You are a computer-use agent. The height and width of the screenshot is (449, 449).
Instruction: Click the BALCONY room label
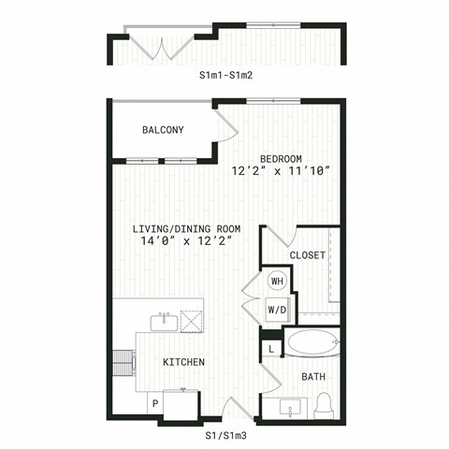[163, 130]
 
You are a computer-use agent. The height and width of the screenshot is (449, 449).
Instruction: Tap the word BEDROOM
[281, 159]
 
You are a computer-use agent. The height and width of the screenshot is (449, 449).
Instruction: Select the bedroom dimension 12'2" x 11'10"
[281, 171]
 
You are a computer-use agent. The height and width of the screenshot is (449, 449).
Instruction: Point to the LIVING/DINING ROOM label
[186, 229]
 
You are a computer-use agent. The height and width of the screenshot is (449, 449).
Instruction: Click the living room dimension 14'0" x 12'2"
[186, 241]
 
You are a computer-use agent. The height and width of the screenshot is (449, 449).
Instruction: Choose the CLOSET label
[308, 255]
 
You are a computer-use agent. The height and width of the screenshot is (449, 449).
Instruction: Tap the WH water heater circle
[277, 281]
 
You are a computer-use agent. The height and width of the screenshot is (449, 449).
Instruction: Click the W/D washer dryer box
[278, 310]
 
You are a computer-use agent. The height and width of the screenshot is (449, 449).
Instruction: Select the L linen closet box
[271, 349]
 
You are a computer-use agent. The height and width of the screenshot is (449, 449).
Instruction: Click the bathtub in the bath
[312, 342]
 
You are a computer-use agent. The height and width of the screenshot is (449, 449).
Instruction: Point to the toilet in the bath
[323, 406]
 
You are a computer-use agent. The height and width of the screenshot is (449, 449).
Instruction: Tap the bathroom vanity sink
[290, 408]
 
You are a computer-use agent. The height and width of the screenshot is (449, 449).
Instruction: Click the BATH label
[313, 377]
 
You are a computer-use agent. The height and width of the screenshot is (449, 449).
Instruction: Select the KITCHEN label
[184, 362]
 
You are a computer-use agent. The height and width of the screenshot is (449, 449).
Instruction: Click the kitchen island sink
[164, 323]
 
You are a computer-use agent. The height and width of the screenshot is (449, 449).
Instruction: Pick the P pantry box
[155, 404]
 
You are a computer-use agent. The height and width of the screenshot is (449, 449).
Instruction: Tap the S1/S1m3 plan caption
[226, 436]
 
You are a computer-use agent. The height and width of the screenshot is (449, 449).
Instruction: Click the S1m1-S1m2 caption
[226, 75]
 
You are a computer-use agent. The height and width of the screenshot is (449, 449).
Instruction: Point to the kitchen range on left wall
[124, 363]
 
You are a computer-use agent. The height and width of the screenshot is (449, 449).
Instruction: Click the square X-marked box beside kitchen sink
[191, 321]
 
